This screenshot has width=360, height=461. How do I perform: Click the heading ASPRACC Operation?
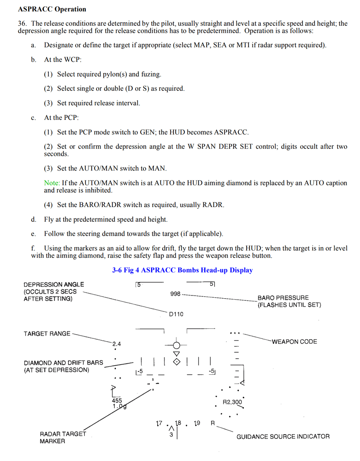coord(52,9)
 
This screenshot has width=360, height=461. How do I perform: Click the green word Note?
coord(52,183)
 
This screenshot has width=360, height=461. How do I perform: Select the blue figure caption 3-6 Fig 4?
coord(182,270)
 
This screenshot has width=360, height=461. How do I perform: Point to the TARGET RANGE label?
coord(47,333)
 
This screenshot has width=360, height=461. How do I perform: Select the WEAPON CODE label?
coord(294,342)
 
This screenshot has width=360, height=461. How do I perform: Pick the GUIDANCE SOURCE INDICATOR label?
coord(283,437)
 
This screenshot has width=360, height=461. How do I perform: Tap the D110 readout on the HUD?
coord(176,314)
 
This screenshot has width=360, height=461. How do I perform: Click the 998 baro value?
coord(175,294)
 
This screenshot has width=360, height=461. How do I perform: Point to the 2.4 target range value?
coord(116,344)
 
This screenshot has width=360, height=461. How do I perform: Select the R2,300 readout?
coord(232,402)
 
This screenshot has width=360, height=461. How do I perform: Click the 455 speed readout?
coord(117,401)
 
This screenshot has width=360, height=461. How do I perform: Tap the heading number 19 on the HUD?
coord(197,423)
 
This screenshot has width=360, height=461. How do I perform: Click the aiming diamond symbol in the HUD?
coord(176,361)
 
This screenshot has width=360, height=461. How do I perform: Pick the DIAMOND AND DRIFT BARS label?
coord(64,366)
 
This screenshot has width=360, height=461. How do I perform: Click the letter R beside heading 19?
coord(212,423)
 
